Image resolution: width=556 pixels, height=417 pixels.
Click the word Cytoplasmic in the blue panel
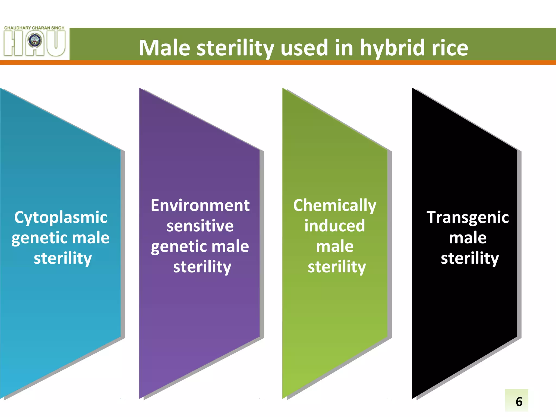click(x=61, y=218)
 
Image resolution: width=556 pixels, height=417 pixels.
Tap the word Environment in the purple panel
click(x=200, y=206)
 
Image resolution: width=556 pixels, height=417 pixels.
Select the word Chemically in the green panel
click(x=334, y=206)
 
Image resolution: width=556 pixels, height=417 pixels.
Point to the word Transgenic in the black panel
click(x=467, y=218)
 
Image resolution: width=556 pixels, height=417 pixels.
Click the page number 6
click(x=519, y=402)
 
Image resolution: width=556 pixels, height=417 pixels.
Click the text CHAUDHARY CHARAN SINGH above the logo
click(x=34, y=28)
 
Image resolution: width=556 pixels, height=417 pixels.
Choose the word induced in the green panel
click(x=334, y=226)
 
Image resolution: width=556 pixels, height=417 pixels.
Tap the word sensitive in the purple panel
click(x=200, y=226)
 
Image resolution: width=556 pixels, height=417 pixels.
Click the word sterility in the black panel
click(x=470, y=258)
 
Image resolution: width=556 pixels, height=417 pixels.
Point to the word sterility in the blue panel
click(x=63, y=258)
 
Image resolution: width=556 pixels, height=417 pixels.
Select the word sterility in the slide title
click(x=235, y=48)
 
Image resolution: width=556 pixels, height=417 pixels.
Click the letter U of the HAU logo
click(x=55, y=43)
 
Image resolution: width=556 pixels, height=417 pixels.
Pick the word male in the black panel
click(x=467, y=238)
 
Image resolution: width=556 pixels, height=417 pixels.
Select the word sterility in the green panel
click(x=337, y=267)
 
